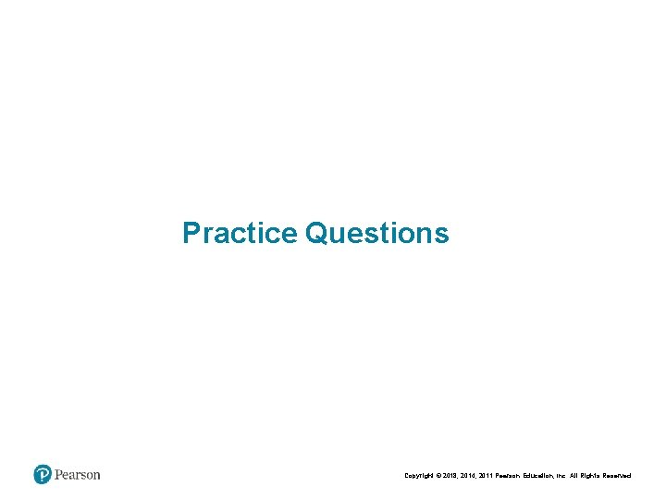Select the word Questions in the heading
[x=377, y=233]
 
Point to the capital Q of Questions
[x=316, y=233]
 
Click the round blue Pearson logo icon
[x=43, y=475]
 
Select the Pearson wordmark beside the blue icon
[x=77, y=475]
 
